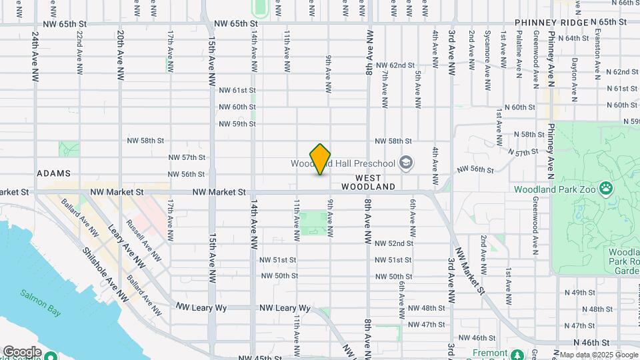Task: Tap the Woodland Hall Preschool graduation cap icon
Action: pos(405,163)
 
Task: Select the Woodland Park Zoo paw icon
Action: pos(605,189)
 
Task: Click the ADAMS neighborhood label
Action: pos(53,173)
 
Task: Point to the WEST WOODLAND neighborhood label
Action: pos(375,182)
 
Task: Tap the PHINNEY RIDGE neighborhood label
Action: pos(551,23)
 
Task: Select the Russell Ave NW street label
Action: pos(143,238)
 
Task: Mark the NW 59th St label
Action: pos(237,124)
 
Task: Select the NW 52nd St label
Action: pos(393,243)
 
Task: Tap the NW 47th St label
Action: pos(426,325)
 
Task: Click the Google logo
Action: pos(22,351)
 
